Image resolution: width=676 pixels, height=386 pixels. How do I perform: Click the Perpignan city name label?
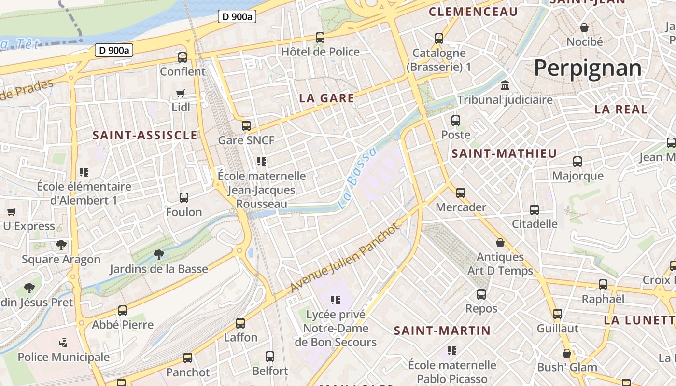click(x=588, y=68)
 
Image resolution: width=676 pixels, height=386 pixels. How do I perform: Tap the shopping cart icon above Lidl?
click(x=181, y=93)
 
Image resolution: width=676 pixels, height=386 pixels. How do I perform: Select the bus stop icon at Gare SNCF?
click(x=246, y=126)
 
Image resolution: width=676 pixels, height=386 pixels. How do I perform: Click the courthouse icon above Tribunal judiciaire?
click(x=505, y=85)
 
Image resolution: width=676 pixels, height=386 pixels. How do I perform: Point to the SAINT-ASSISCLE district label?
click(x=145, y=135)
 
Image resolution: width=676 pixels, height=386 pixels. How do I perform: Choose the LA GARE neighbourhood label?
click(x=327, y=98)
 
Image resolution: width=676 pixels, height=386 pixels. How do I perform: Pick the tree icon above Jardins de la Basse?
click(x=158, y=254)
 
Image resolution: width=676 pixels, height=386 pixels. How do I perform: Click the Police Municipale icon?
click(x=62, y=343)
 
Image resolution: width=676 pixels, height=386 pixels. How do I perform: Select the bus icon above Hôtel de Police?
click(x=320, y=37)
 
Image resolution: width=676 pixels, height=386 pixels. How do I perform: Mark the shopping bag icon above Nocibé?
click(x=584, y=28)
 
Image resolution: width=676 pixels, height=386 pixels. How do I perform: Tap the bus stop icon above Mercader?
click(x=461, y=193)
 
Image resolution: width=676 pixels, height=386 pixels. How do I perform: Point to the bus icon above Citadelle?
click(x=535, y=210)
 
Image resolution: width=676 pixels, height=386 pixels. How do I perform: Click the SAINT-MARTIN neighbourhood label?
click(x=442, y=331)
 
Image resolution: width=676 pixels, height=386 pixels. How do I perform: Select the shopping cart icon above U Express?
click(x=12, y=212)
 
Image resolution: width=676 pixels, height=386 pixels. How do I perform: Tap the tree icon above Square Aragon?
click(x=61, y=245)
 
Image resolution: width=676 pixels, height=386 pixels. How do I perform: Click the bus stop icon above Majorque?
click(x=577, y=162)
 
